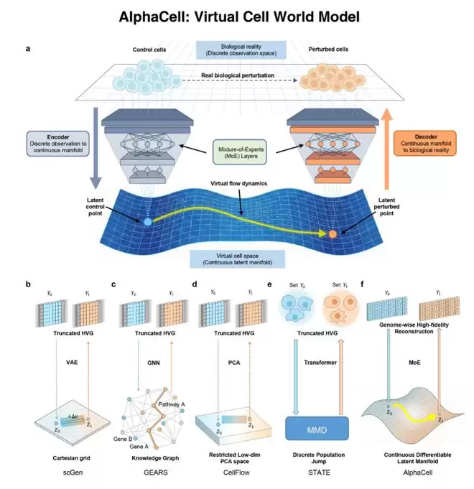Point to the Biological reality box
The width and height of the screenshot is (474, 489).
click(237, 50)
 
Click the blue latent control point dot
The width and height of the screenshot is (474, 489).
click(148, 222)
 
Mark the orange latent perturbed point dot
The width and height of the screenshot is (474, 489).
click(333, 234)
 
